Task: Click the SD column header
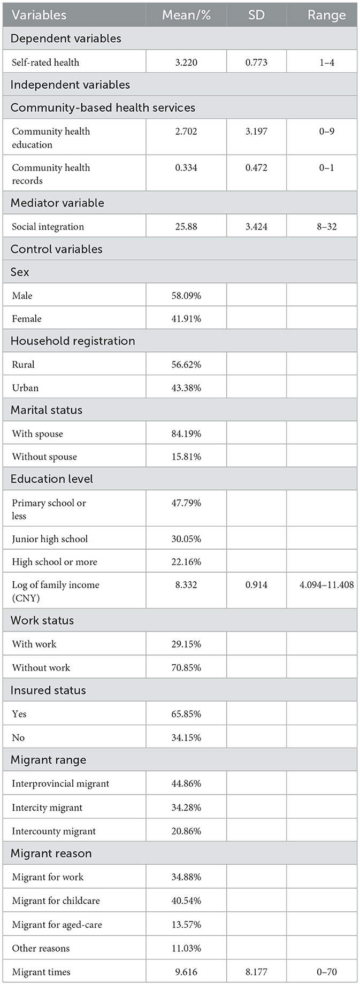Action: [256, 15]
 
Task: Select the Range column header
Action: [326, 15]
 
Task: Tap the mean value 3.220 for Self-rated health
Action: [186, 63]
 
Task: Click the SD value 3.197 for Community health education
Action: [256, 132]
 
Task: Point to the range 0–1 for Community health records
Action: [326, 168]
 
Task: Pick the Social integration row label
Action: [48, 227]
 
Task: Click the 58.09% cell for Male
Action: [186, 296]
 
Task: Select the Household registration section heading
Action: [73, 341]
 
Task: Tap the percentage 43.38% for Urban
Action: [186, 388]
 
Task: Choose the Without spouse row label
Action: [44, 457]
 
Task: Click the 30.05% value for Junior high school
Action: [186, 539]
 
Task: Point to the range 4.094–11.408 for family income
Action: [326, 585]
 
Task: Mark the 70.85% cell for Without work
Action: [186, 667]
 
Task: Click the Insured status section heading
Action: [48, 690]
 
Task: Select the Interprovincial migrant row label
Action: [60, 784]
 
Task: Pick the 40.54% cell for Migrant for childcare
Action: [186, 901]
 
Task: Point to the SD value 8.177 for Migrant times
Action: [256, 972]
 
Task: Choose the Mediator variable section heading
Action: [57, 203]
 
